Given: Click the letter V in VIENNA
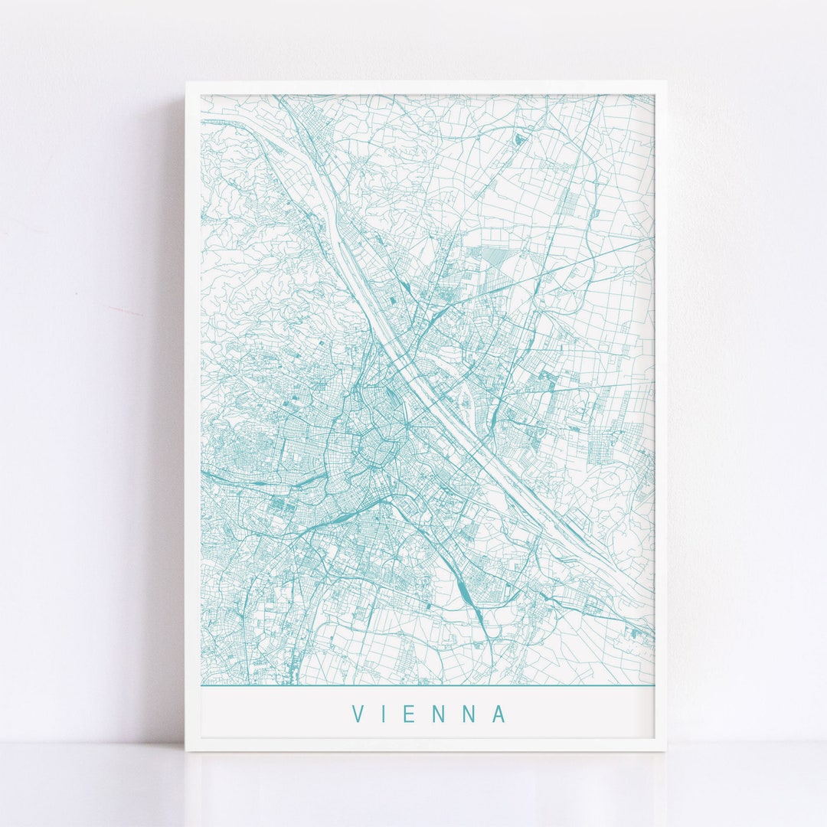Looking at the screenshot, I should [x=358, y=714].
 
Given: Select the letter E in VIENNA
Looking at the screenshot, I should [x=414, y=714].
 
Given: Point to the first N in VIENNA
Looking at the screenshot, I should [x=442, y=714].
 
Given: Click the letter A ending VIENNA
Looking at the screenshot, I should [x=499, y=714].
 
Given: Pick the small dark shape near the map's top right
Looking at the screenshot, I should [x=521, y=139].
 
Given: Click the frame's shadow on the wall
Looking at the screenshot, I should [x=172, y=383].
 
